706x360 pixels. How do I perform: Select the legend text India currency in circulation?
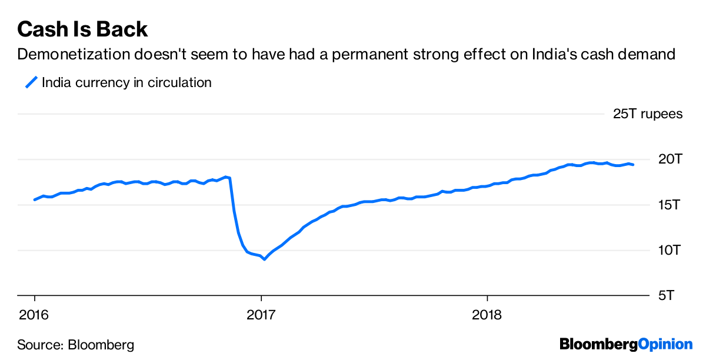pyautogui.click(x=126, y=82)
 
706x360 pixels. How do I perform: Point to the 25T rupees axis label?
pyautogui.click(x=648, y=114)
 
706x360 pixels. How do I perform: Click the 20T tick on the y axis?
pyautogui.click(x=670, y=159)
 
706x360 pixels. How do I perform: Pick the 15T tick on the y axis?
pyautogui.click(x=670, y=205)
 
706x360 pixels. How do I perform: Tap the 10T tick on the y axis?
pyautogui.click(x=670, y=251)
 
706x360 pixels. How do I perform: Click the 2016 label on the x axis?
pyautogui.click(x=34, y=315)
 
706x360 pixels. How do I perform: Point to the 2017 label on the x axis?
pyautogui.click(x=261, y=315)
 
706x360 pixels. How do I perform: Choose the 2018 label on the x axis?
pyautogui.click(x=487, y=315)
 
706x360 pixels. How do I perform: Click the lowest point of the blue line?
pyautogui.click(x=265, y=259)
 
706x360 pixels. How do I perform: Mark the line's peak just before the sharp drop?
pyautogui.click(x=226, y=176)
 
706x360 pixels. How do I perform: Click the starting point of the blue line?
pyautogui.click(x=34, y=200)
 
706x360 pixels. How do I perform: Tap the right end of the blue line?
pyautogui.click(x=633, y=165)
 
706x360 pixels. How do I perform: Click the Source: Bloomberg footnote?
pyautogui.click(x=75, y=344)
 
